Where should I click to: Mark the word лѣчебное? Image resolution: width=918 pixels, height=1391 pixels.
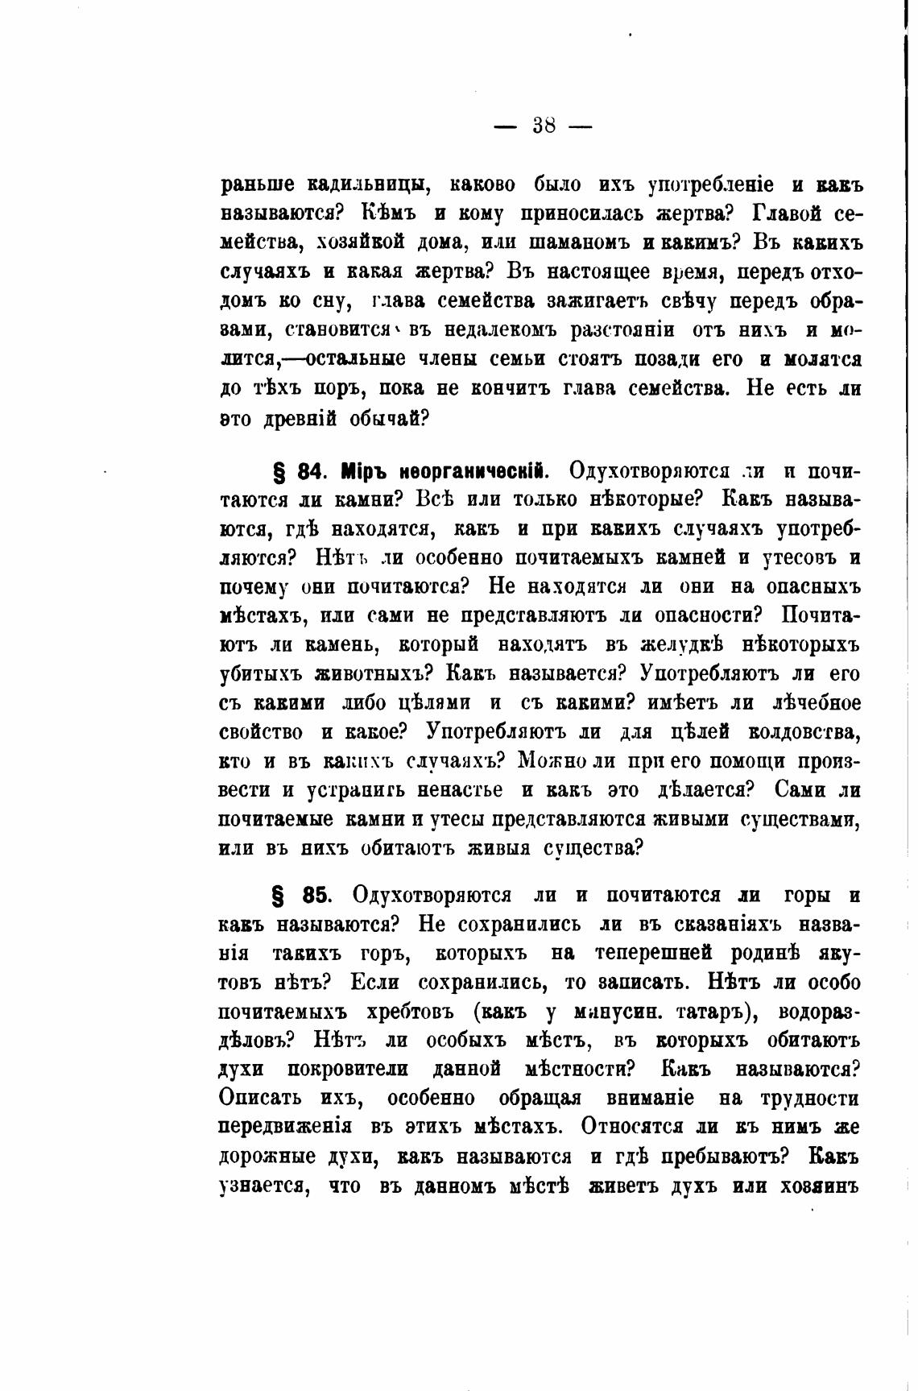(814, 702)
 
